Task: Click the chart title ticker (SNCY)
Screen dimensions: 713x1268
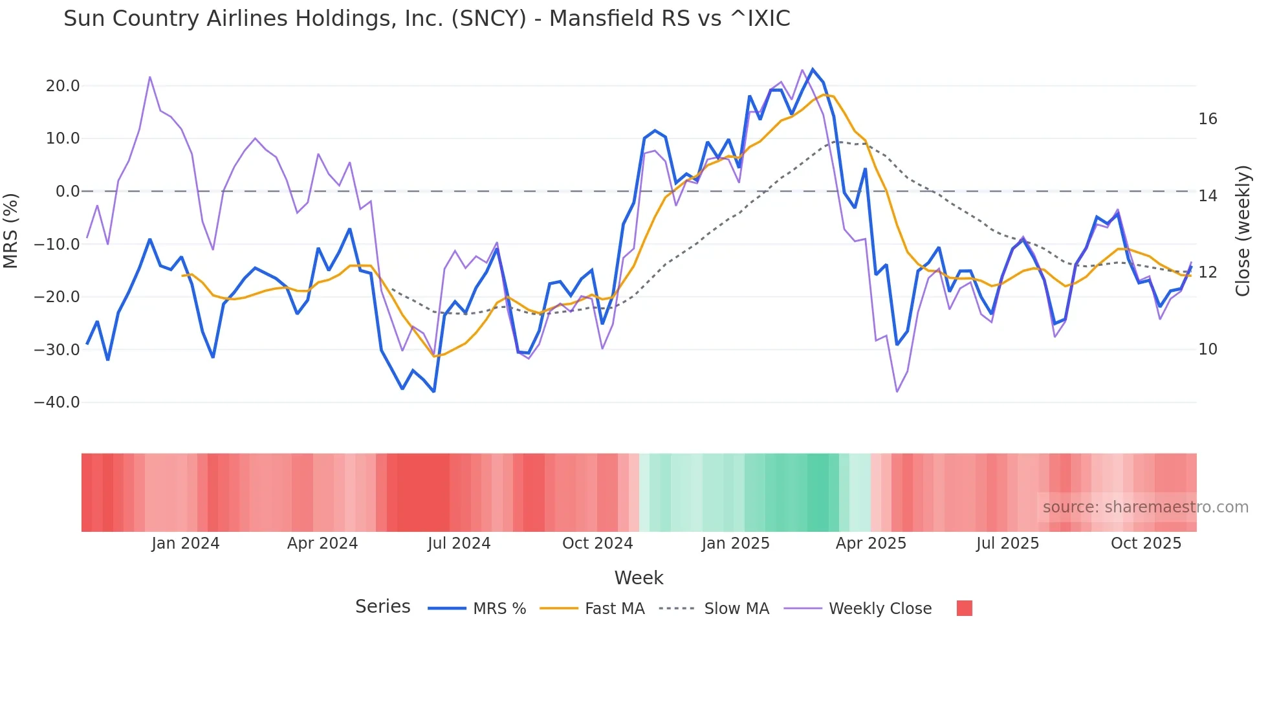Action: (x=488, y=19)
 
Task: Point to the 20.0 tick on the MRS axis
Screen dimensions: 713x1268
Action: (x=63, y=86)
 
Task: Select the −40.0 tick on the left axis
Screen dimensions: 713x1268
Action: (x=57, y=402)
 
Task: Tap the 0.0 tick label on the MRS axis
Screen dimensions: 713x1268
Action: (x=68, y=192)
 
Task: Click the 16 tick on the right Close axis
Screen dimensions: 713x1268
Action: (x=1208, y=119)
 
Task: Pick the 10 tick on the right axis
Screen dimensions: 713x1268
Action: (x=1208, y=349)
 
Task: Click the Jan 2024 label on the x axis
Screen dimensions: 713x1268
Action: (x=186, y=543)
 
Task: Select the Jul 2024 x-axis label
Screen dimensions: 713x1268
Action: (x=459, y=543)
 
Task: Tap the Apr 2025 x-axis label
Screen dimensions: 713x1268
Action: (x=871, y=543)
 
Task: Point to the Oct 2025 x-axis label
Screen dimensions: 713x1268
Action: (x=1146, y=543)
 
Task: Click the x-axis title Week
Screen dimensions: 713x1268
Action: (x=639, y=578)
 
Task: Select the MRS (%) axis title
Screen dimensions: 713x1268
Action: (x=11, y=230)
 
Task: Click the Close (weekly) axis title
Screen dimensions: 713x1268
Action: (x=1243, y=231)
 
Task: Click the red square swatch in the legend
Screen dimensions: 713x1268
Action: (x=964, y=608)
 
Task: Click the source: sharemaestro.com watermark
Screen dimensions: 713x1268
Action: (x=1145, y=507)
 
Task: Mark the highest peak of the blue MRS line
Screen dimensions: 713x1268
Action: (x=813, y=69)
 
